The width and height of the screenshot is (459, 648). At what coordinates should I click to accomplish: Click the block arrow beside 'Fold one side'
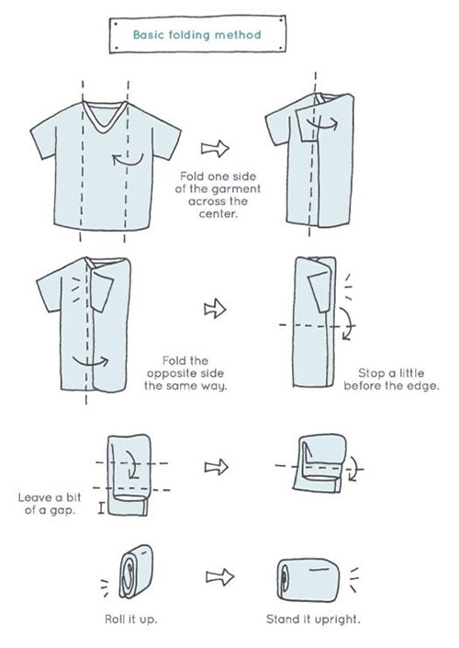[215, 148]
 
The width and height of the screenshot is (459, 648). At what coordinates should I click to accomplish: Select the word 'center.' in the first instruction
[218, 214]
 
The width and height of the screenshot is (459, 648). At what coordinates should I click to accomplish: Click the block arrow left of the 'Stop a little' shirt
[215, 309]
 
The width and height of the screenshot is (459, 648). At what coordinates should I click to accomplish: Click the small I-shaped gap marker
[101, 508]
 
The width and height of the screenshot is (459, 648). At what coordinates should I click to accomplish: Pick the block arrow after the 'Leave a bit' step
[217, 467]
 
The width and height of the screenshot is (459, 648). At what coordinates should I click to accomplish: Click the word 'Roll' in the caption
[114, 620]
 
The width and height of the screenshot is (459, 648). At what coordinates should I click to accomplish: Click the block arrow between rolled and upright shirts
[220, 576]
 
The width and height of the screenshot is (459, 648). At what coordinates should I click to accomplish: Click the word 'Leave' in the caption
[34, 497]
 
